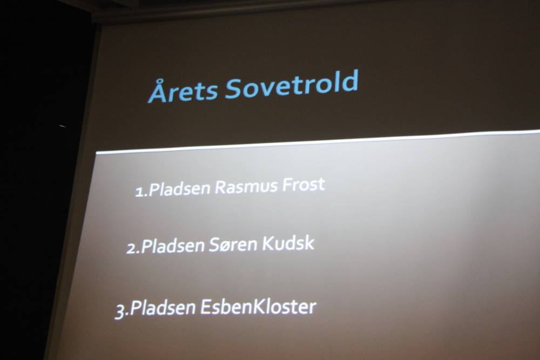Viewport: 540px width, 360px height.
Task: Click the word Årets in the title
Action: click(183, 91)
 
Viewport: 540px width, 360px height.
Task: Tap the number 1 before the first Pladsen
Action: click(139, 192)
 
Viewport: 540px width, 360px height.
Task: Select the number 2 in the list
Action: click(132, 248)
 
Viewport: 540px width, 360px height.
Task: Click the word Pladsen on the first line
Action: click(179, 189)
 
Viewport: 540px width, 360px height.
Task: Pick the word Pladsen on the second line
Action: click(173, 246)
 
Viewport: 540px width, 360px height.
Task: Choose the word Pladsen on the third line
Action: click(163, 307)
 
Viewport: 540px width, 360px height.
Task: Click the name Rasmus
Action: click(246, 187)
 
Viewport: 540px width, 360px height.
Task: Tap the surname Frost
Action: click(303, 185)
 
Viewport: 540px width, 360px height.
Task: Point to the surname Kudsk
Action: click(288, 243)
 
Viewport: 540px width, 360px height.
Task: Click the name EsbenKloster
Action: click(258, 307)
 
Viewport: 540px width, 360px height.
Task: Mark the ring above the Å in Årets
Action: click(159, 81)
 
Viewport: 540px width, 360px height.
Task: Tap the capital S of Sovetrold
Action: click(234, 89)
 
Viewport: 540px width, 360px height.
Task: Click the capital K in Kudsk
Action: click(268, 243)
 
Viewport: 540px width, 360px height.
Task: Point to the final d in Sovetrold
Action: click(350, 81)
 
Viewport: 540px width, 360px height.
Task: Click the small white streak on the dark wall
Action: click(62, 126)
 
